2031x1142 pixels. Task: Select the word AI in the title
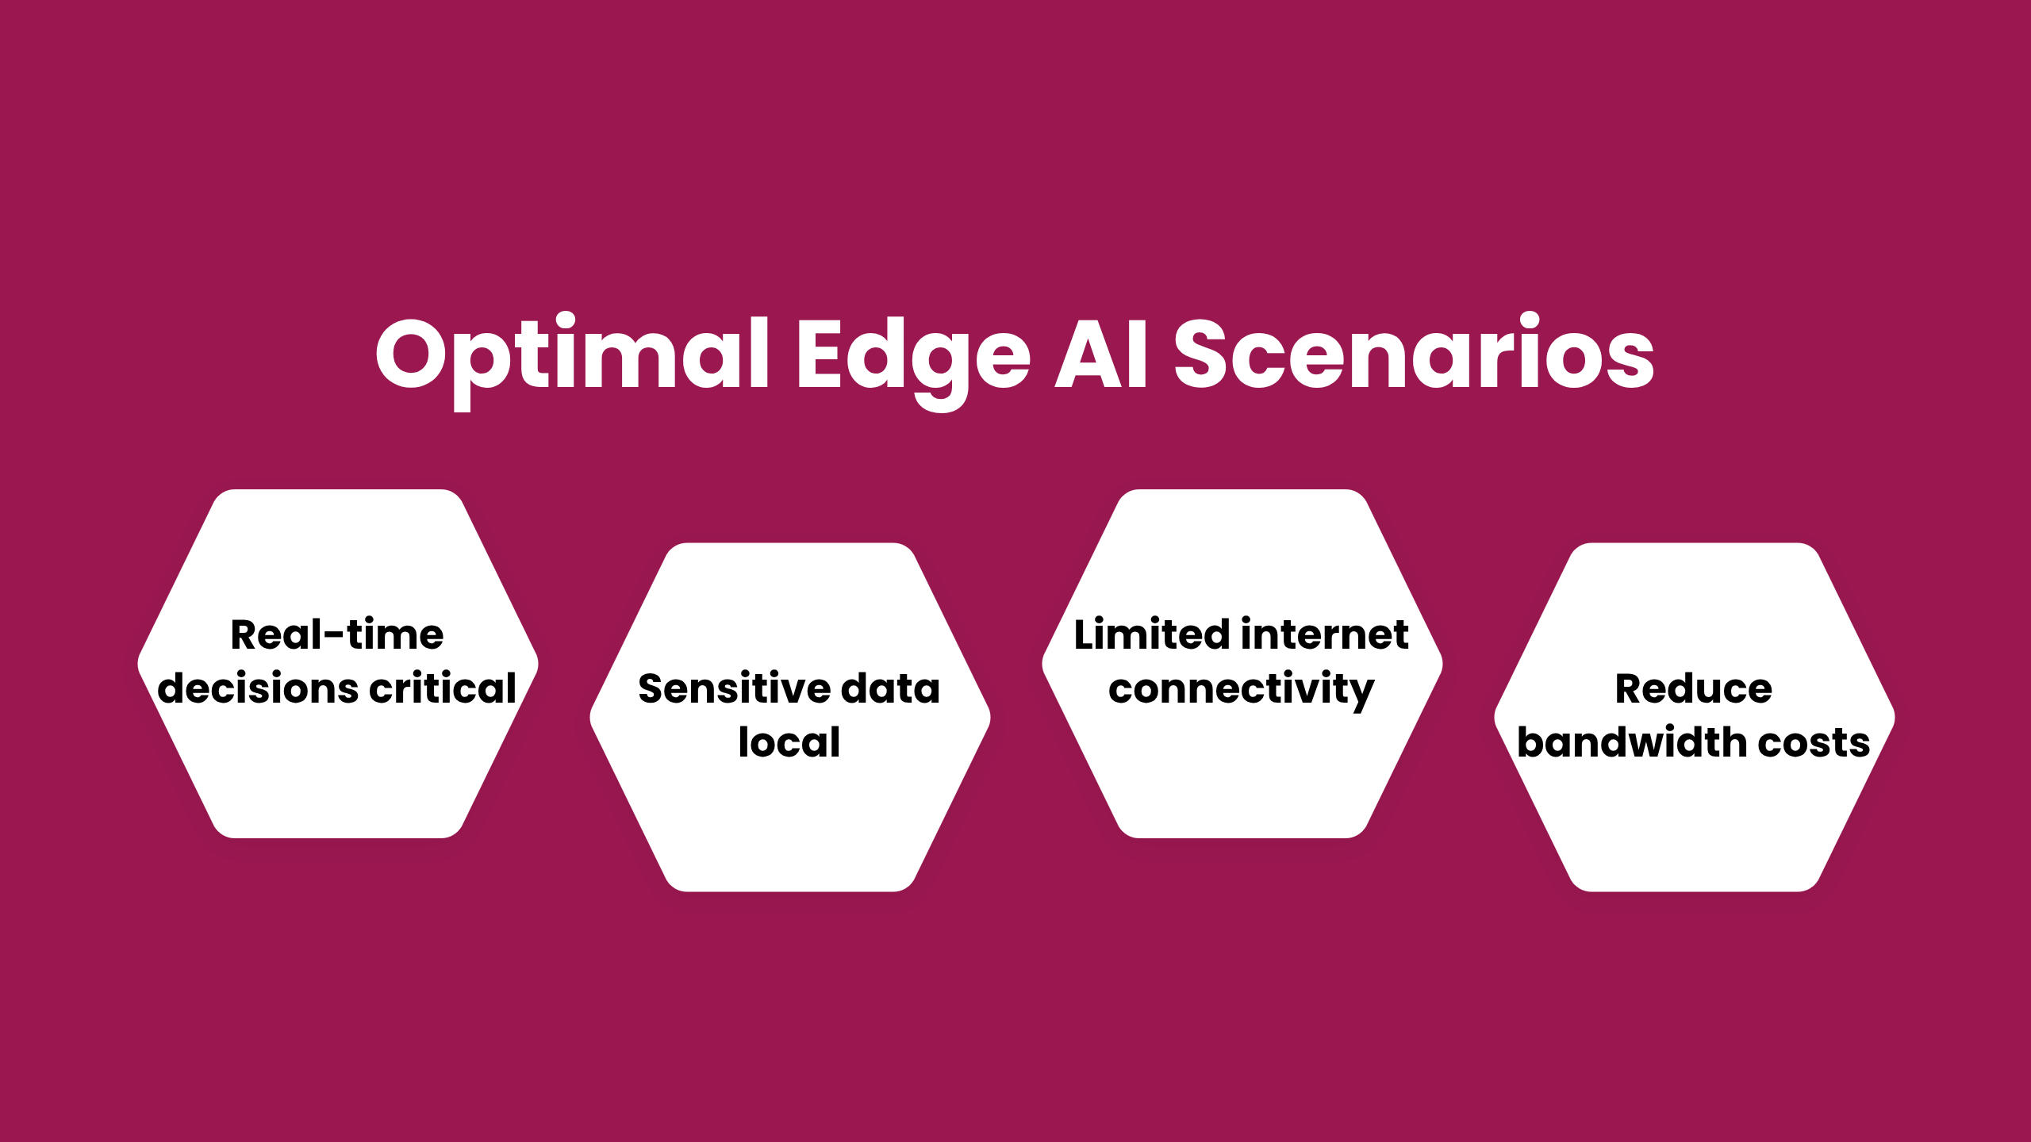coord(1100,354)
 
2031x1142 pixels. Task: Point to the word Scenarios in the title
coord(1414,352)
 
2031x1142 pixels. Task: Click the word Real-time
coord(337,634)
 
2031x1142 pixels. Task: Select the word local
coord(789,742)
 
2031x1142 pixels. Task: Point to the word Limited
coord(1152,634)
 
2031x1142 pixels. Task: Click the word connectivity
coord(1242,689)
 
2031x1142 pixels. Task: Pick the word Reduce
coord(1694,688)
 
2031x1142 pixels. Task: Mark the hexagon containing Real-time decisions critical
coord(338,664)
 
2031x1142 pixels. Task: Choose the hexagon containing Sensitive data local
coord(790,717)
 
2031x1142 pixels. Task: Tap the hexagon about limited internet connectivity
coord(1242,664)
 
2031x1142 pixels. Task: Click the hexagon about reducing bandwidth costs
coord(1695,717)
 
